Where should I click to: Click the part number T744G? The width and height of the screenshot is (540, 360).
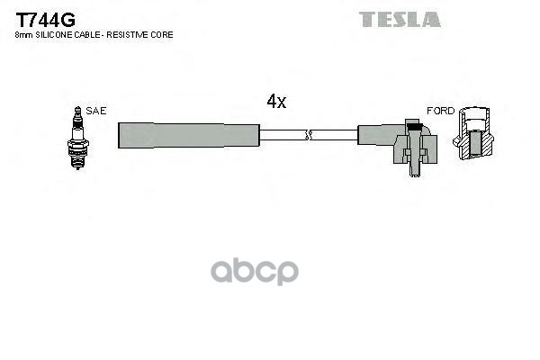(45, 20)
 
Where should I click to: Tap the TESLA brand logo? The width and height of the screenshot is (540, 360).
(400, 19)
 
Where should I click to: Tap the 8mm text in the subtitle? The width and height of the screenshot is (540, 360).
(24, 35)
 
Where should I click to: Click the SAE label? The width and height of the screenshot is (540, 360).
(96, 111)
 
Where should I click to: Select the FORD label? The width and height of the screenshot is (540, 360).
(440, 111)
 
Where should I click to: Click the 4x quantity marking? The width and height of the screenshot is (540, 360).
(276, 102)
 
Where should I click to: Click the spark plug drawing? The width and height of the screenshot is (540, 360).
(78, 138)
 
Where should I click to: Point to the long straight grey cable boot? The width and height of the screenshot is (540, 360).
(189, 135)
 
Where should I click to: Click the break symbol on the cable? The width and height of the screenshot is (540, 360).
(309, 135)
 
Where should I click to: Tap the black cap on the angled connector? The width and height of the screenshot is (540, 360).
(414, 126)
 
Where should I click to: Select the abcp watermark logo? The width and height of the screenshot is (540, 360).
(255, 272)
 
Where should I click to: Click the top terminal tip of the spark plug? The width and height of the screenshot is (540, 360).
(77, 109)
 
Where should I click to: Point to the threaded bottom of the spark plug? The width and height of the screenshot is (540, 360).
(77, 159)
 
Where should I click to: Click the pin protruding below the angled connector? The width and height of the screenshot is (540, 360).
(414, 170)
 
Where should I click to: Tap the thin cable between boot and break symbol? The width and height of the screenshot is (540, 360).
(283, 135)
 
